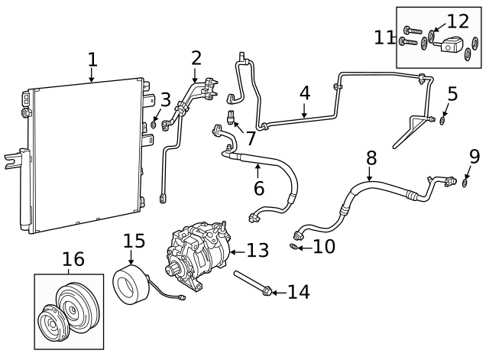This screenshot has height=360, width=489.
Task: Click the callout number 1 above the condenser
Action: (x=92, y=59)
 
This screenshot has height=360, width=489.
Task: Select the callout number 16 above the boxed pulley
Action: (x=73, y=260)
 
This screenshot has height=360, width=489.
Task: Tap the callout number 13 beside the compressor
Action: (x=258, y=250)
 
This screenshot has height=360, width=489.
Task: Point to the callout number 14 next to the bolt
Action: (x=298, y=291)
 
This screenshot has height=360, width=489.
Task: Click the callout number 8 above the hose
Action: (x=371, y=158)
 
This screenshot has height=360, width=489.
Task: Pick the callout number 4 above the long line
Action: (x=304, y=93)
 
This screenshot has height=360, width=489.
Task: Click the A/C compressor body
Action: (x=197, y=252)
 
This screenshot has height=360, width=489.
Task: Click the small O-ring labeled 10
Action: (x=294, y=246)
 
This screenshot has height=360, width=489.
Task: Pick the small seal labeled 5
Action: (x=443, y=119)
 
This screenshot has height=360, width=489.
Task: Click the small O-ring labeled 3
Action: (x=154, y=124)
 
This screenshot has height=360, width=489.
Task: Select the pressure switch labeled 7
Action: (x=231, y=117)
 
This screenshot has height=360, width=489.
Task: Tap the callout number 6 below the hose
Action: (x=258, y=187)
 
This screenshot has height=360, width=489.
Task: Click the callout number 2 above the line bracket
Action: (x=196, y=57)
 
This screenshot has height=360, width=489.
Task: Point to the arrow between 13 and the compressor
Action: (x=234, y=251)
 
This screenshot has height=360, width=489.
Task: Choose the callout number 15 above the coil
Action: (x=133, y=242)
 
